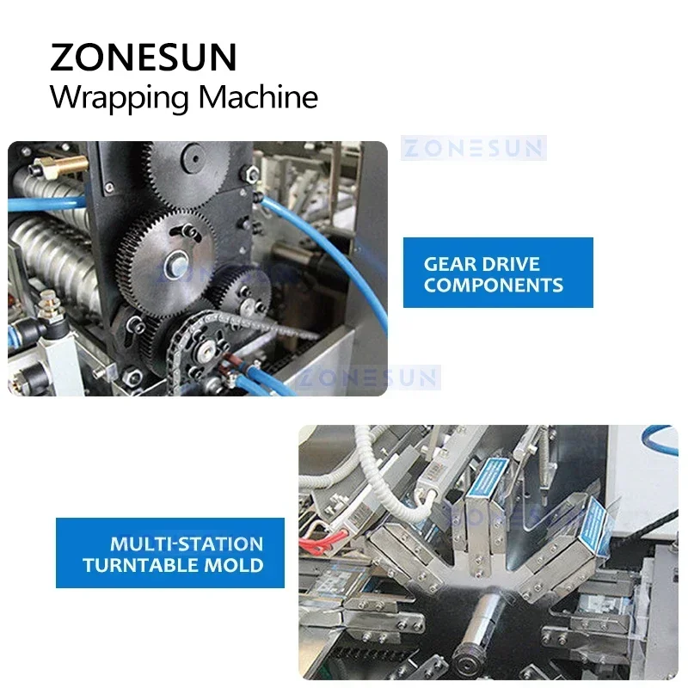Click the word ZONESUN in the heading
143,57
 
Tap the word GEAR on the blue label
451,264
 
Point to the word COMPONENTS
494,286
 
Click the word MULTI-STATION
187,544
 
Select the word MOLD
240,566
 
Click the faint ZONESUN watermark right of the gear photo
473,148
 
